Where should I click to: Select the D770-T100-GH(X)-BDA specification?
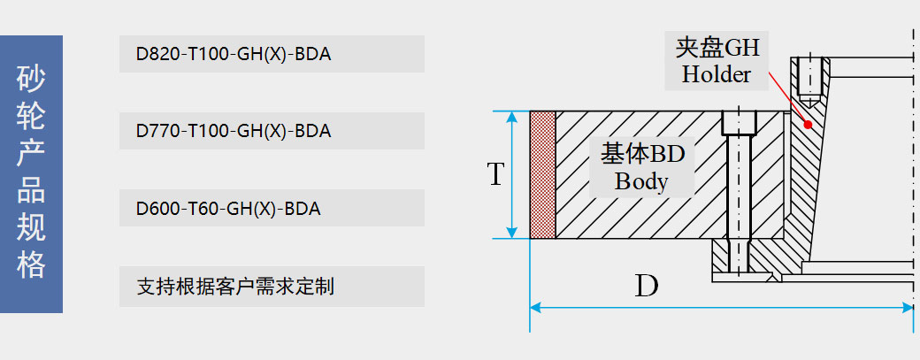click(x=234, y=132)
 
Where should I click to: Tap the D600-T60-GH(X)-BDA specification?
click(x=228, y=210)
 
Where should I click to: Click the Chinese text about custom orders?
click(x=235, y=287)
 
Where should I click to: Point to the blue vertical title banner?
click(x=31, y=174)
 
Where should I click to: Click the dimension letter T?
click(x=496, y=174)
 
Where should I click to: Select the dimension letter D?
click(x=647, y=285)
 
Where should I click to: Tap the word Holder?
click(x=716, y=74)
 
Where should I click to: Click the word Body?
click(x=641, y=182)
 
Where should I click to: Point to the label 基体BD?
click(x=643, y=154)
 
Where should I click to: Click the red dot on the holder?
click(x=808, y=125)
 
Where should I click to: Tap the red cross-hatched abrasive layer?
click(x=542, y=174)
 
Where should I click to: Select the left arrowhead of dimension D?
click(x=535, y=308)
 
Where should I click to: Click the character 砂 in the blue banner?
click(x=31, y=79)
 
